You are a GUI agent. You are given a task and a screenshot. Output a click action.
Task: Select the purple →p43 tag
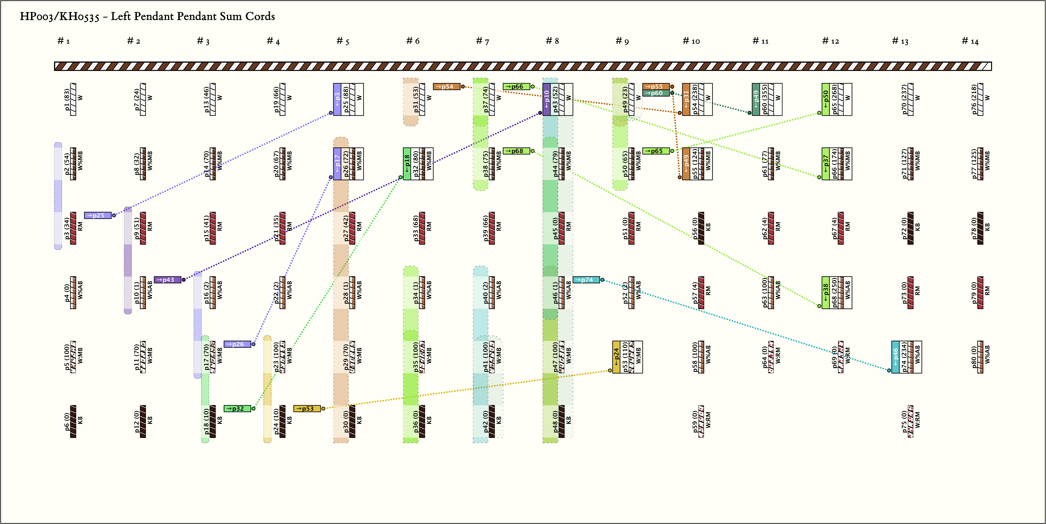[167, 280]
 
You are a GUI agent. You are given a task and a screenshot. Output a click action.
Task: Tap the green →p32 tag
[237, 408]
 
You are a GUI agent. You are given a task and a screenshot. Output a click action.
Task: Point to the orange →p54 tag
[446, 86]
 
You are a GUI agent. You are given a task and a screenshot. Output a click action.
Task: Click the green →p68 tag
[516, 151]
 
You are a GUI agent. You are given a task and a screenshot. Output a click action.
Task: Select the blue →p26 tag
[237, 344]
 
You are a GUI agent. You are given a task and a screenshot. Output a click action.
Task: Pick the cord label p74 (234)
[904, 357]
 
